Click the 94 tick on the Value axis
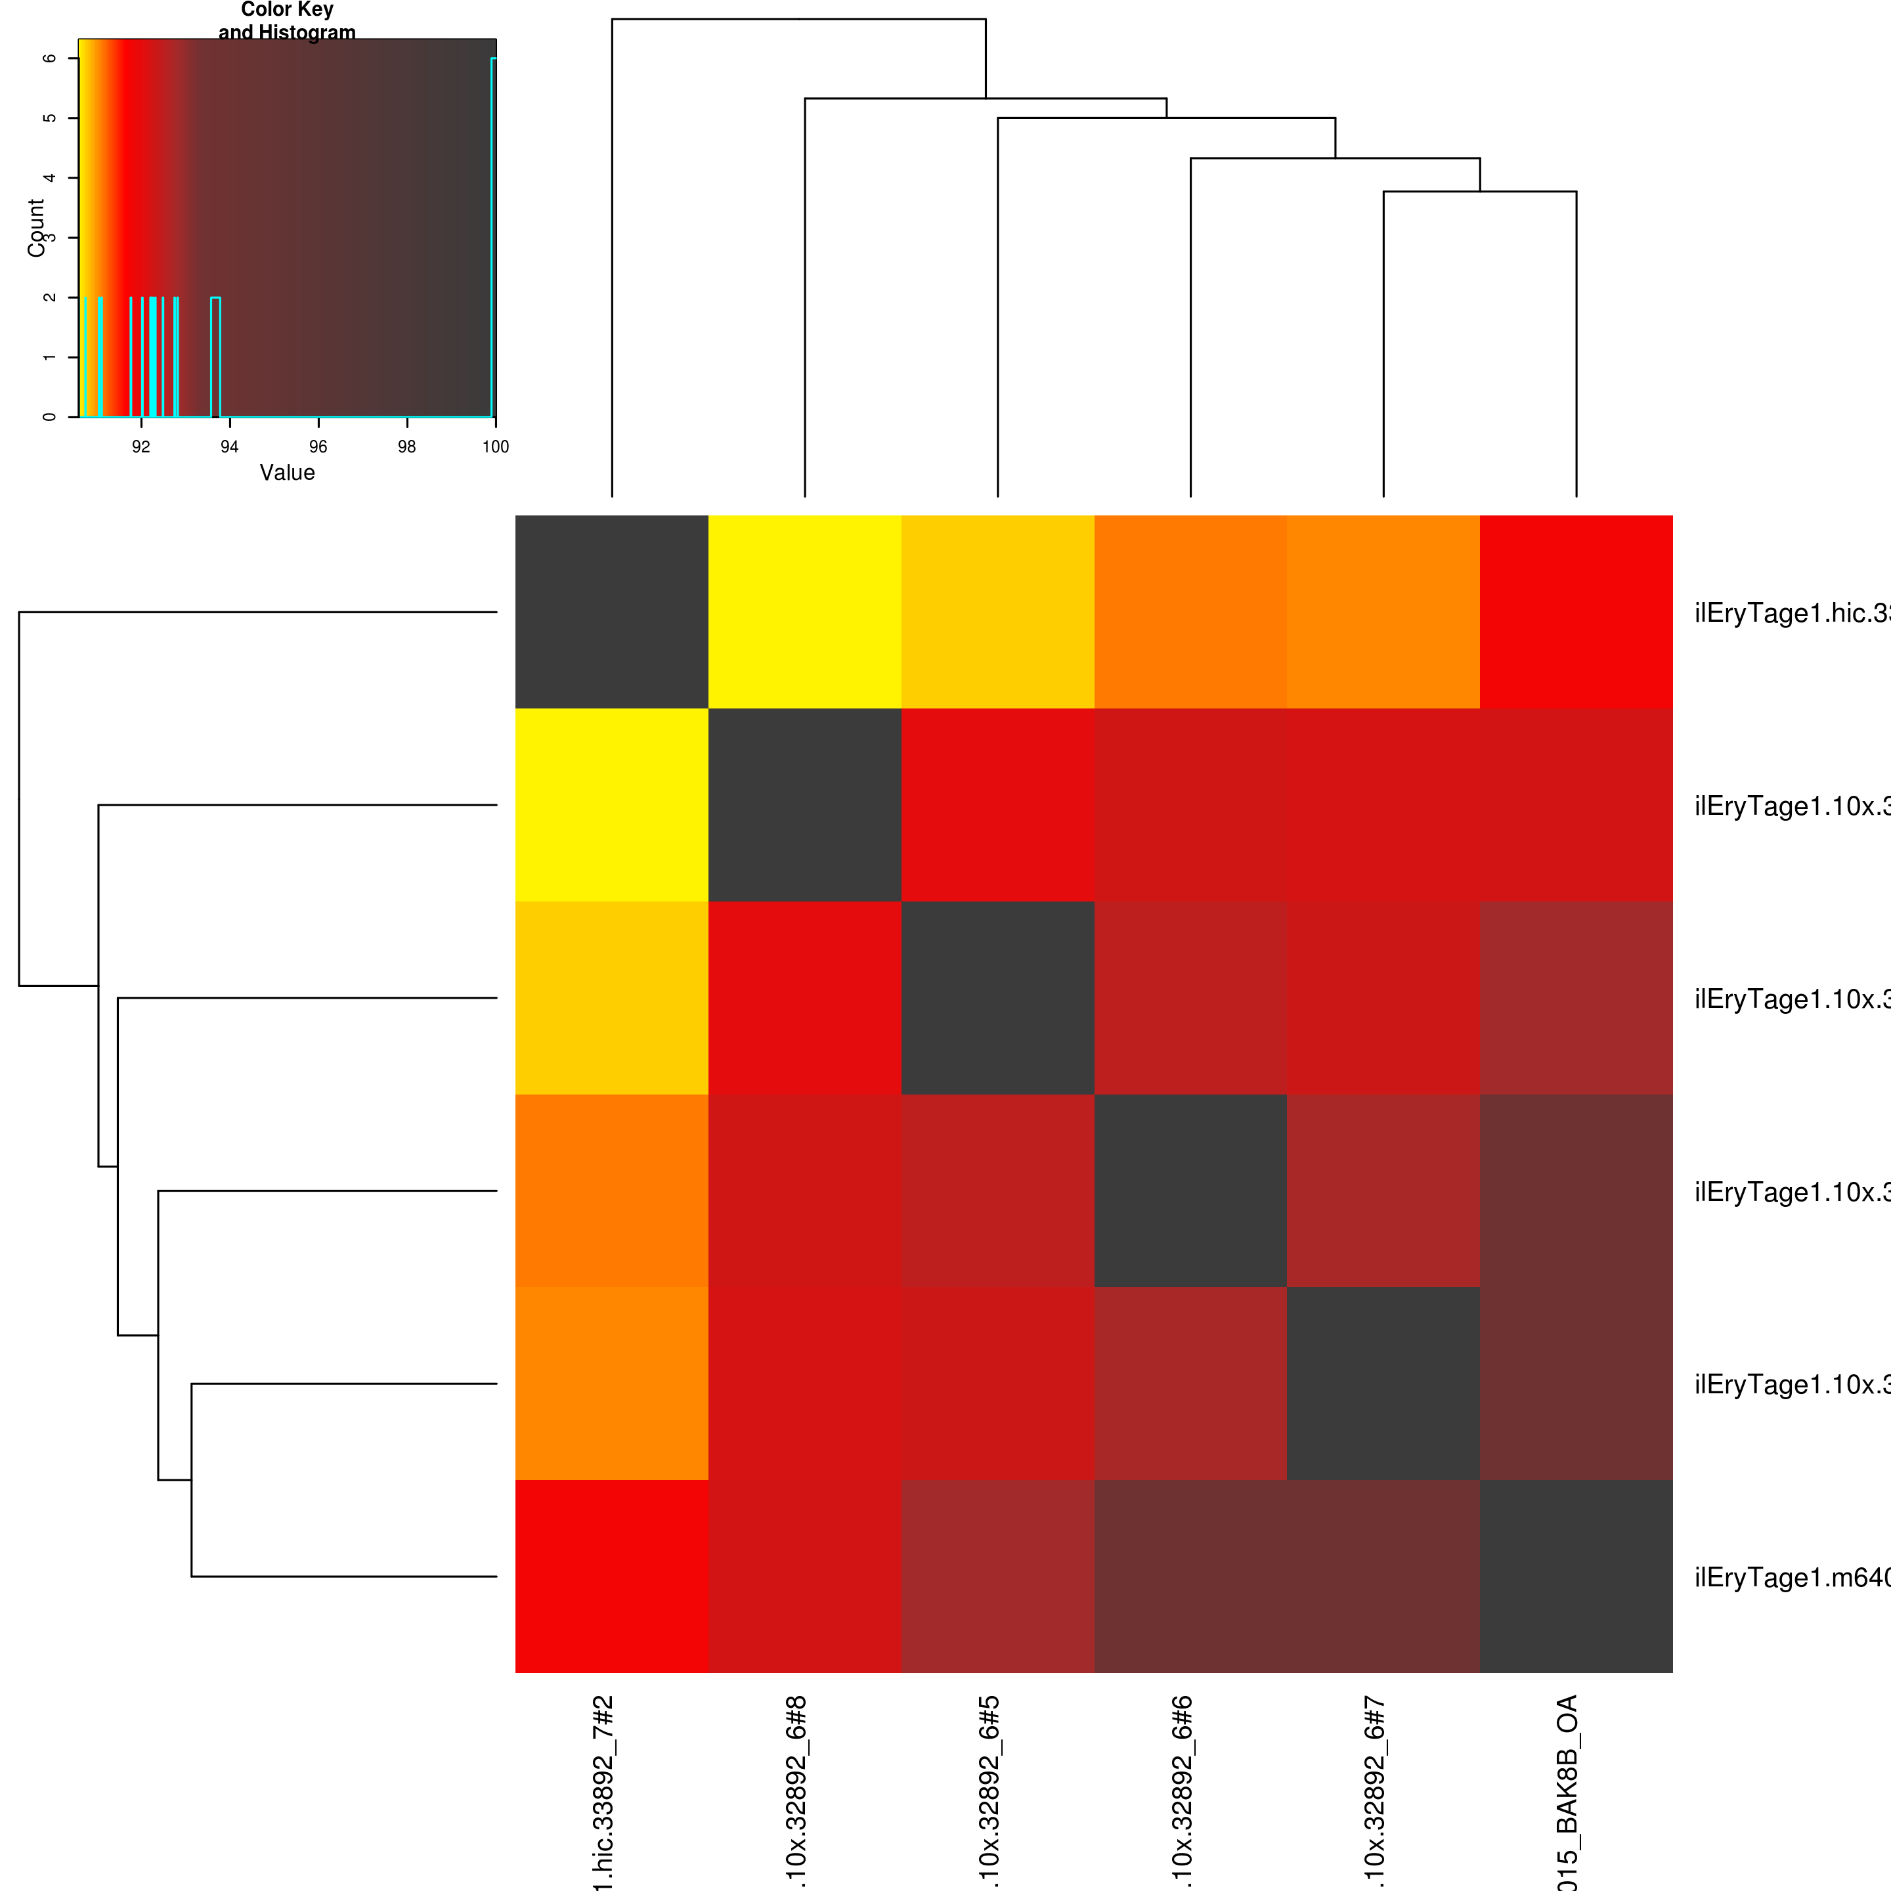pos(229,447)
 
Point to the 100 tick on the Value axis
pos(495,447)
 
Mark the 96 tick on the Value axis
pos(318,447)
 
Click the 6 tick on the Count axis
pos(48,58)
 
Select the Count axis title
pos(36,228)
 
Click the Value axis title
pos(287,473)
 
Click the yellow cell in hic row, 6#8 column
pos(804,612)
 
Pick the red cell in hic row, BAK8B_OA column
pos(1576,612)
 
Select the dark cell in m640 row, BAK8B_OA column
pos(1576,1576)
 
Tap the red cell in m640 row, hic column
pos(612,1576)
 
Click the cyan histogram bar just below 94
pos(215,357)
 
